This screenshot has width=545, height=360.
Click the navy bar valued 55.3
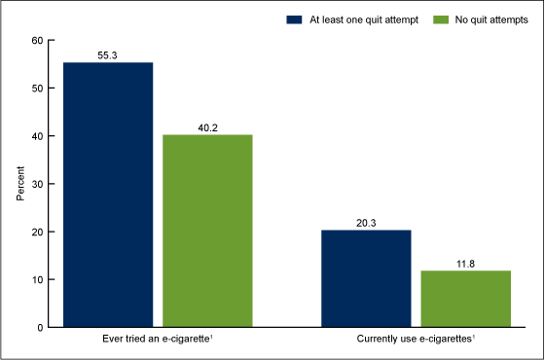[x=107, y=195]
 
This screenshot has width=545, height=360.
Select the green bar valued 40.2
[x=207, y=231]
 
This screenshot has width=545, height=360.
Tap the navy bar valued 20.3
[x=366, y=278]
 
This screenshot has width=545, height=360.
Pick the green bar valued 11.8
[x=466, y=299]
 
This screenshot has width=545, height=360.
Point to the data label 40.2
[x=207, y=126]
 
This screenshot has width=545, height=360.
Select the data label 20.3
[x=366, y=221]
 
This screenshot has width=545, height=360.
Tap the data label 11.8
[x=466, y=262]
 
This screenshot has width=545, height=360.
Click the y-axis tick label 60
[x=36, y=40]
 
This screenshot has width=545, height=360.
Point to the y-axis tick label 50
[x=36, y=88]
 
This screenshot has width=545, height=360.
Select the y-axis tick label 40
[x=36, y=135]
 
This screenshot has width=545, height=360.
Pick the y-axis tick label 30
[x=36, y=184]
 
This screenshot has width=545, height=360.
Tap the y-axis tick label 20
[x=36, y=232]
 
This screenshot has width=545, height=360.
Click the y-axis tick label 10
[x=36, y=279]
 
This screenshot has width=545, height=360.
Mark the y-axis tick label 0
[x=39, y=327]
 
